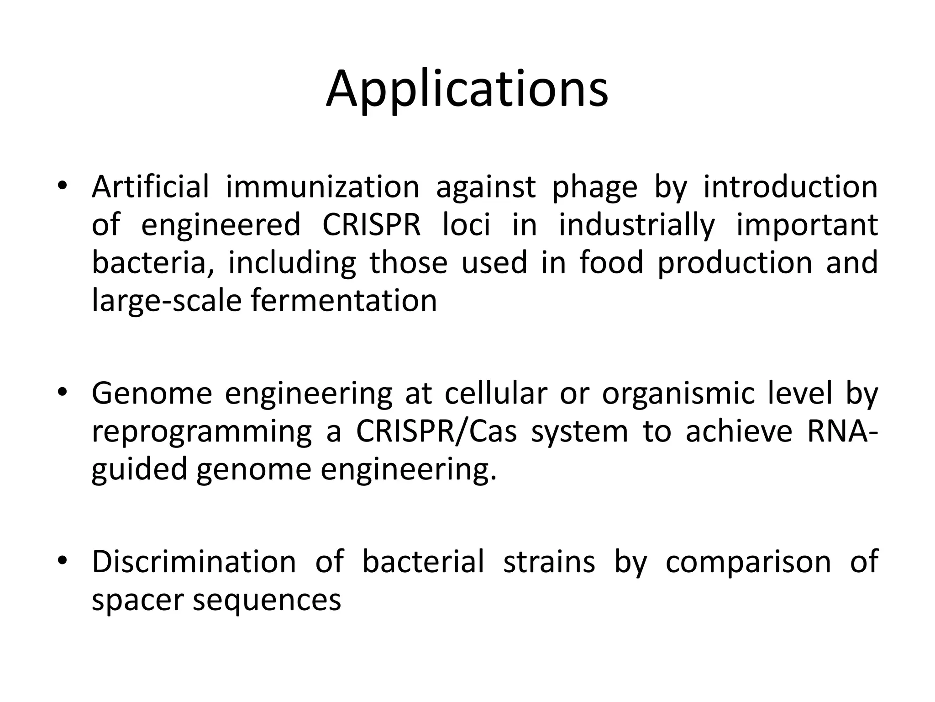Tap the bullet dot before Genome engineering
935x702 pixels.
tap(62, 392)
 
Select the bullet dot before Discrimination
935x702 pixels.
tap(62, 560)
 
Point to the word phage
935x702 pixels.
tap(594, 188)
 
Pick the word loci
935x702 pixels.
tap(466, 225)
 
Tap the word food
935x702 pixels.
tap(611, 263)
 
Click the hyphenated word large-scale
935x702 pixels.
tap(167, 302)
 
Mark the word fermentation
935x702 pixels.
tap(344, 301)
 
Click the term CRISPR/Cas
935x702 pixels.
tap(436, 431)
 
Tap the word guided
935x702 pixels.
tap(139, 470)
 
